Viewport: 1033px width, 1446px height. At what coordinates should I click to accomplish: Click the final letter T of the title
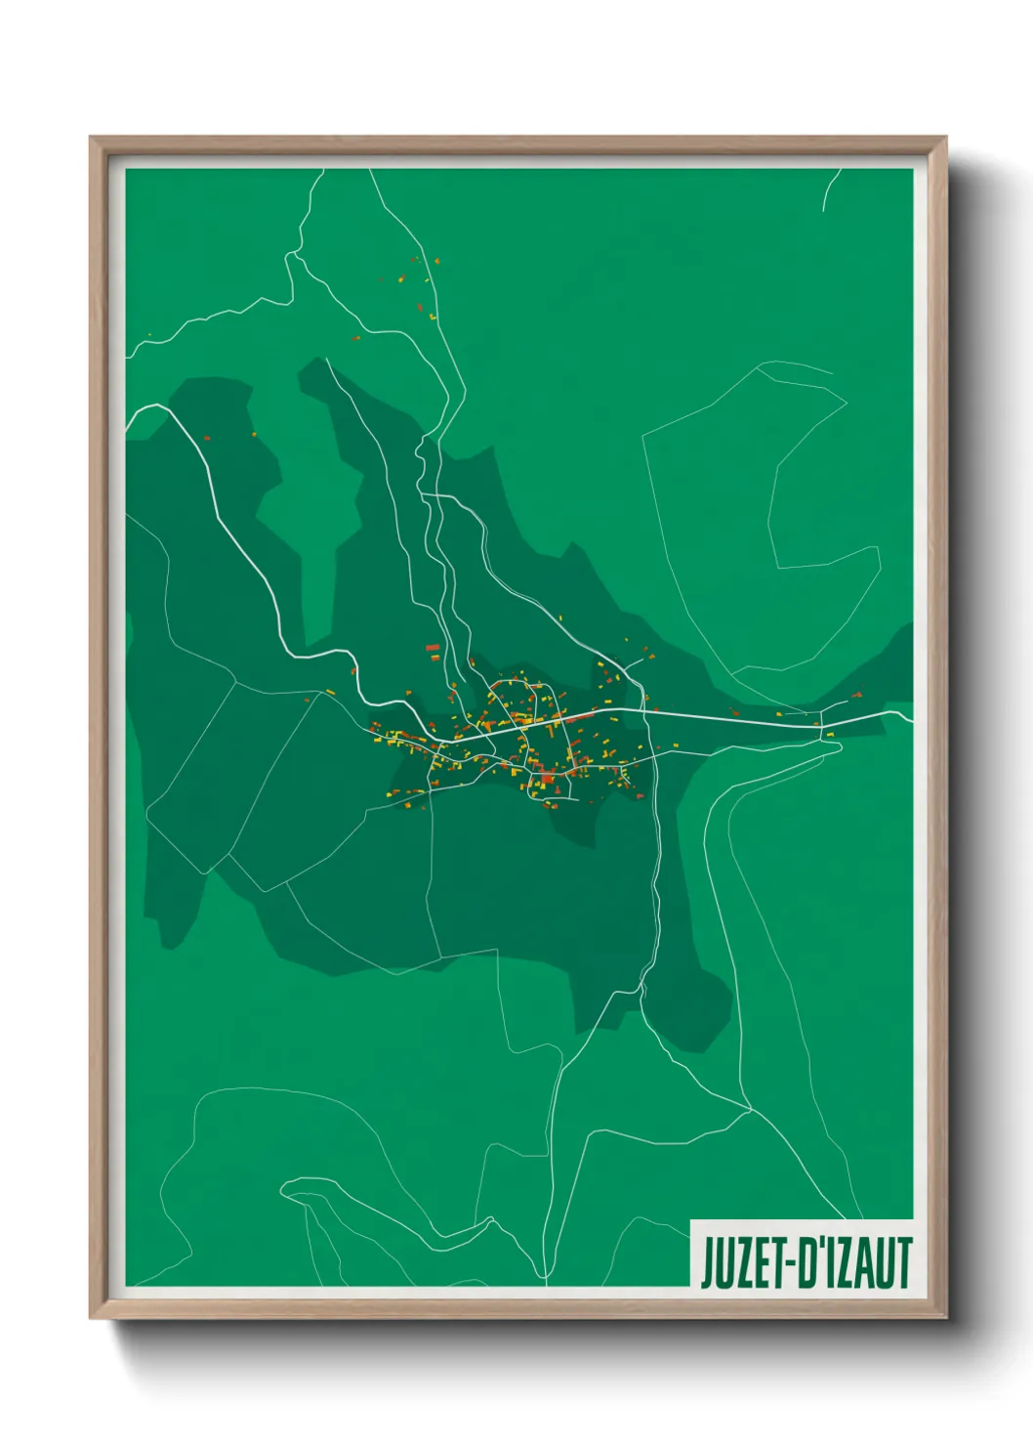point(903,1264)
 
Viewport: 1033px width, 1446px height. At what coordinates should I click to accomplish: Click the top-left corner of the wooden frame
point(91,139)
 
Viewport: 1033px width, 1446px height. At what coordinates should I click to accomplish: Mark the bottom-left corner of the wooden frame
point(91,1317)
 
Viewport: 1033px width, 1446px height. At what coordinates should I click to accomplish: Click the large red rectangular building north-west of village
point(433,647)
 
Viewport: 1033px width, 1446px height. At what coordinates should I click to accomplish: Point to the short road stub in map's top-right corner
point(829,191)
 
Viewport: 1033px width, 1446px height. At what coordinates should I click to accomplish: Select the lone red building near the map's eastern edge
point(858,695)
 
